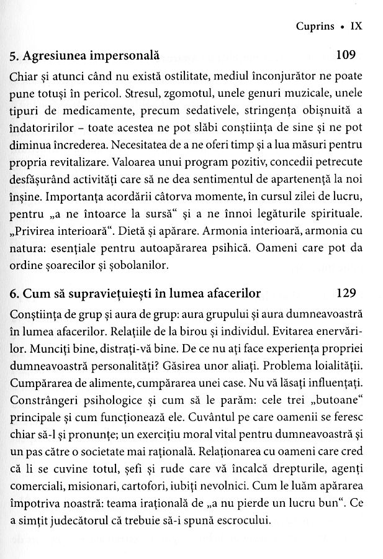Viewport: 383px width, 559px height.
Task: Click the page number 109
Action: click(x=345, y=56)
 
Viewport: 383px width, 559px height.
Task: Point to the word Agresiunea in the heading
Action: click(x=52, y=57)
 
